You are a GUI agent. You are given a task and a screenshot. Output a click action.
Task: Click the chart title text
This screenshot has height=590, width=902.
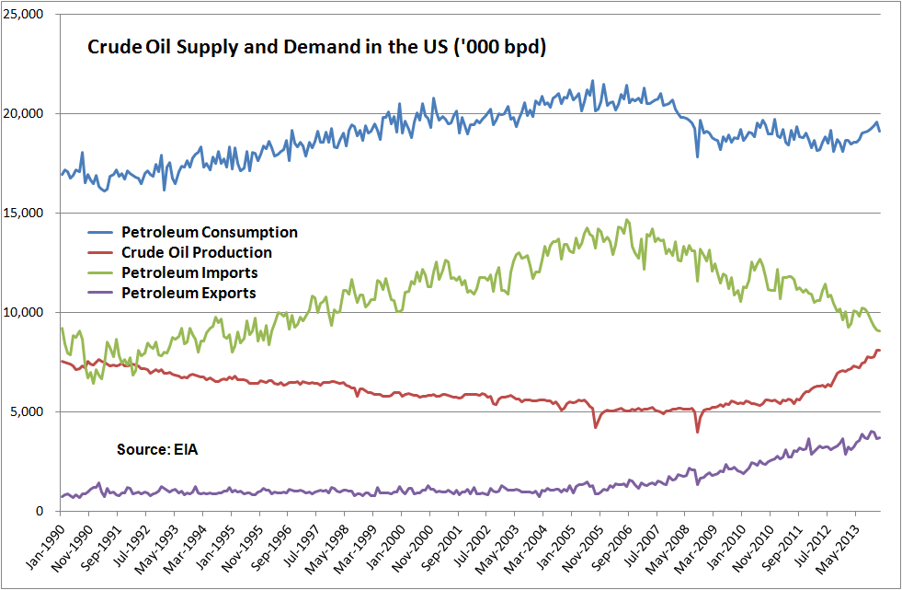[x=316, y=47]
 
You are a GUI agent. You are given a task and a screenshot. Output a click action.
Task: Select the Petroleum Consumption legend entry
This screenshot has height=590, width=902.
[x=193, y=233]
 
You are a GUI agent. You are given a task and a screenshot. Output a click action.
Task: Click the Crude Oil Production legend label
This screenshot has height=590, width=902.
[x=197, y=253]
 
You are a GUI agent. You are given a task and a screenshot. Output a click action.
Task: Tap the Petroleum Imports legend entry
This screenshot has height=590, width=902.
[x=173, y=272]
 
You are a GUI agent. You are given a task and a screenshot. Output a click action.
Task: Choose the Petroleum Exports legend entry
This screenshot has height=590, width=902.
[x=171, y=293]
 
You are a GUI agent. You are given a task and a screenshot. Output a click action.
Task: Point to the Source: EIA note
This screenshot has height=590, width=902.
[x=157, y=449]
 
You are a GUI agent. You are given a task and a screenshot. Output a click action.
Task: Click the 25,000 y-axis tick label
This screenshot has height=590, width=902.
[x=23, y=15]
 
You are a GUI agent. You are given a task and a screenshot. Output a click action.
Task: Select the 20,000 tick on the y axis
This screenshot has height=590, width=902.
[x=23, y=114]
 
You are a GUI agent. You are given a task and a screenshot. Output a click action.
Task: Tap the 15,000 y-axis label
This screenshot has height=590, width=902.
[x=23, y=213]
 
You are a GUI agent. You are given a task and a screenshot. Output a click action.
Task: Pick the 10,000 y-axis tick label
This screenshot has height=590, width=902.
[x=23, y=313]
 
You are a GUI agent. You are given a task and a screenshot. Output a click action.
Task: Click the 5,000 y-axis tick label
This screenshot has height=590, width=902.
[x=27, y=412]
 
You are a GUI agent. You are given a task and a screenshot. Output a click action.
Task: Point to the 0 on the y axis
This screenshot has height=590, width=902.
[x=40, y=511]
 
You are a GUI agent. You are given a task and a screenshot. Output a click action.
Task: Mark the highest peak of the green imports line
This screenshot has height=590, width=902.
[x=627, y=219]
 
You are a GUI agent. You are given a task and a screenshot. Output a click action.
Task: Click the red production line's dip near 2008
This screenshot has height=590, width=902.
[x=698, y=432]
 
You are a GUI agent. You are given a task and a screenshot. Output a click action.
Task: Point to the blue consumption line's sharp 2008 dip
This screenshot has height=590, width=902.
[x=698, y=156]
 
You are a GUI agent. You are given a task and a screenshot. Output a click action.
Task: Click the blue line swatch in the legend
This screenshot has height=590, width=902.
[x=100, y=233]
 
